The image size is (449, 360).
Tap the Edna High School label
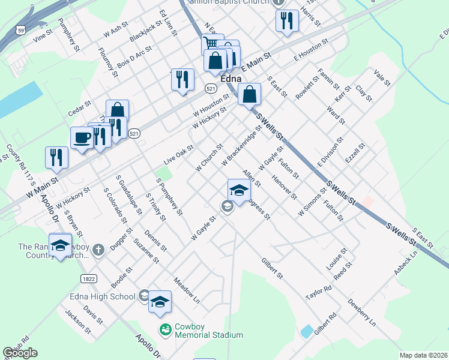[x=111, y=296]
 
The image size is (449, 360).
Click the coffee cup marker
[x=82, y=137]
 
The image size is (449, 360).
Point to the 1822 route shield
[x=88, y=278]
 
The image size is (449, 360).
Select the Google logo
[x=20, y=353]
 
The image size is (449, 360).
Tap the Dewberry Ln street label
[x=361, y=313]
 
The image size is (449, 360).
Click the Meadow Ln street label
[x=186, y=289]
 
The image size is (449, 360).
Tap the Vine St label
[x=43, y=37]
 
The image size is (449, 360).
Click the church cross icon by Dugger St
[x=98, y=248]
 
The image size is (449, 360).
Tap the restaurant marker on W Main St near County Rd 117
[x=56, y=157]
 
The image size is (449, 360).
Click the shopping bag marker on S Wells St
[x=249, y=94]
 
